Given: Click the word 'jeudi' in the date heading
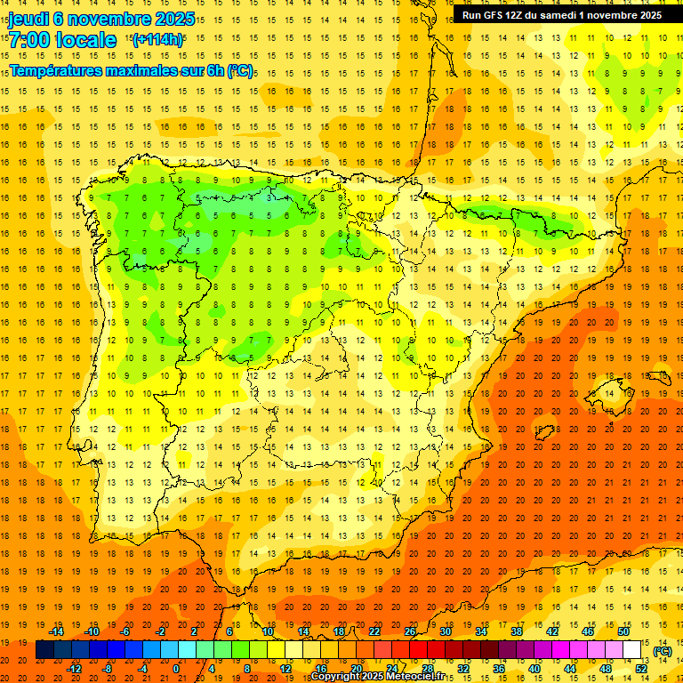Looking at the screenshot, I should point(28,19).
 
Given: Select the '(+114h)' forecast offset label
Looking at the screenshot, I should point(157,39).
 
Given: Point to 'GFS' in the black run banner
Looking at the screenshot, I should point(495,15).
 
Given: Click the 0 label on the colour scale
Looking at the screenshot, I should point(176,669).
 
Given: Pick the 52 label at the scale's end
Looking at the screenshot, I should point(641,669).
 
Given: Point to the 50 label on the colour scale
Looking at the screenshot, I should point(623,631).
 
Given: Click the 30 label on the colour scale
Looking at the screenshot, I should point(445,631).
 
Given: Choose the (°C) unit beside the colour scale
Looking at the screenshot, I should point(662,651).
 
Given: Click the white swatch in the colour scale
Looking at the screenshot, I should point(631,650).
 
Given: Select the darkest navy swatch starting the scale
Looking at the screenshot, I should point(44,650).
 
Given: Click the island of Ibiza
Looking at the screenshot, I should point(543,432).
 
